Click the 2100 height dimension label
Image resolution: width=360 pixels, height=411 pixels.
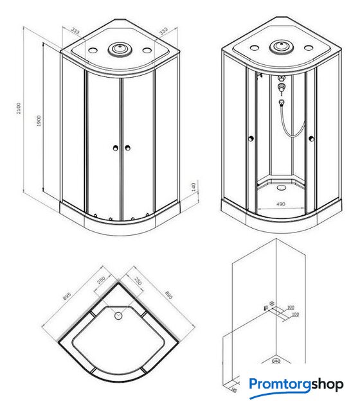(x=19, y=108)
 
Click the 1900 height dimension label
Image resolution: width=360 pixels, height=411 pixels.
(x=39, y=121)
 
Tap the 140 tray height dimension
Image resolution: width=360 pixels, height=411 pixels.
(x=194, y=187)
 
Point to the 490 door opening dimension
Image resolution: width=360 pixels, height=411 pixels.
(x=280, y=204)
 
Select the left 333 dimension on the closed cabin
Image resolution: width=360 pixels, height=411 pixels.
(x=75, y=31)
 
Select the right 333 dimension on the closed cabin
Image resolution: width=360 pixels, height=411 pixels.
(x=163, y=31)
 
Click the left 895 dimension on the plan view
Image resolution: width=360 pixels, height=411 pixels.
(x=67, y=296)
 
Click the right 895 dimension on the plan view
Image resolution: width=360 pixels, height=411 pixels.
(x=168, y=295)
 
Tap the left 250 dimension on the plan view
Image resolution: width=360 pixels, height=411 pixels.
(x=101, y=280)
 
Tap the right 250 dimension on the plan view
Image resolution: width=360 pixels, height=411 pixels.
(x=138, y=281)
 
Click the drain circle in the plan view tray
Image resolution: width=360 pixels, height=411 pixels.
(x=118, y=315)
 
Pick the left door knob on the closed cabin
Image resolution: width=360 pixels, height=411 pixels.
(x=115, y=148)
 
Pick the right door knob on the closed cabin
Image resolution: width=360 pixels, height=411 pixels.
(x=127, y=148)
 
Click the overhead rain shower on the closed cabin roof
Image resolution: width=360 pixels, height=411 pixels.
(x=120, y=49)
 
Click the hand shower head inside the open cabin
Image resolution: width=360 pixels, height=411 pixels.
(x=282, y=102)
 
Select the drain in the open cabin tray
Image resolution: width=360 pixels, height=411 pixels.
(x=282, y=187)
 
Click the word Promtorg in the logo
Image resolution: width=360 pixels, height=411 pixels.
(x=280, y=385)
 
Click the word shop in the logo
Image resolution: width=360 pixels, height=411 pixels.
(x=327, y=385)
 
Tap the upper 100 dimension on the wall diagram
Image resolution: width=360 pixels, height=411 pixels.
(x=291, y=307)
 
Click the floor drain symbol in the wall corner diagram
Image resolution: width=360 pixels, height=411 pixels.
(x=276, y=361)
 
